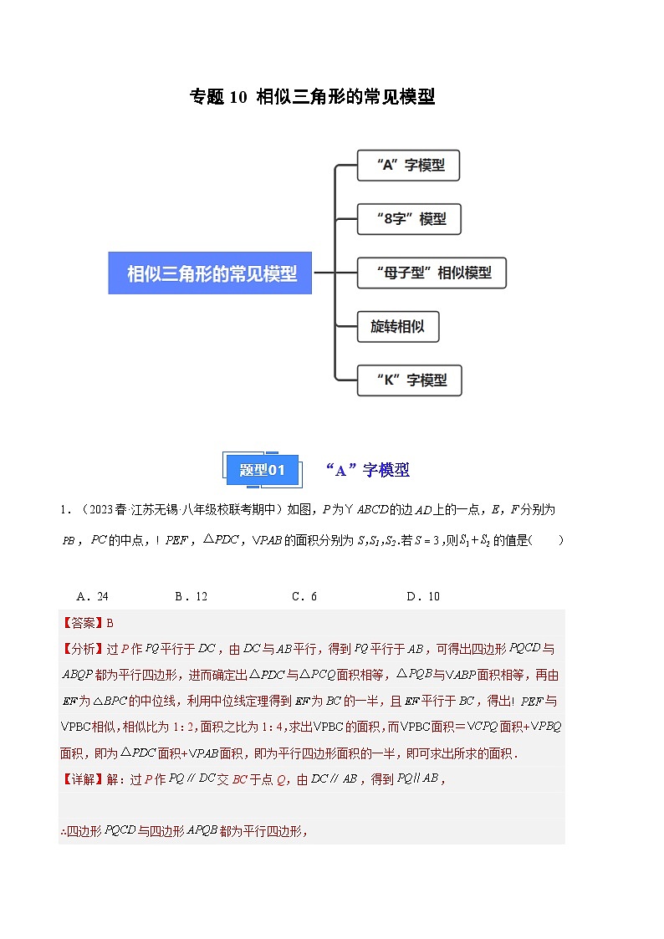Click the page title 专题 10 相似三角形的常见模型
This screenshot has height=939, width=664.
point(313,97)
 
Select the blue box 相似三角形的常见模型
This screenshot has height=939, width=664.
point(210,273)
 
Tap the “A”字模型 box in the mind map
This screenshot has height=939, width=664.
point(408,166)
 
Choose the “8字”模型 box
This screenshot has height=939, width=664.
point(409,219)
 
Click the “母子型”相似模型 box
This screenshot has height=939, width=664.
point(432,273)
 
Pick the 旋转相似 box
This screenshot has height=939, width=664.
point(398,326)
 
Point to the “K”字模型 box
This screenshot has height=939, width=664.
point(409,380)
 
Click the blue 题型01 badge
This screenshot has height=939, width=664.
point(263,470)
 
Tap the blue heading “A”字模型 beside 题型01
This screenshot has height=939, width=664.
point(368,470)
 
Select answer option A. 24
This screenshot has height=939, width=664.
point(92,596)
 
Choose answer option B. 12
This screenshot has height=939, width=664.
point(191,596)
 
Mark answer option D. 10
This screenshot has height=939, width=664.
point(423,596)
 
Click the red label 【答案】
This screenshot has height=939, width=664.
point(80,623)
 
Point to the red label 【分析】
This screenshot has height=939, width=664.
point(80,648)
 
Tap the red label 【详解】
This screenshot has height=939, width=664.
point(80,779)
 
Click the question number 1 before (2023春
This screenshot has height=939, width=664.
point(63,509)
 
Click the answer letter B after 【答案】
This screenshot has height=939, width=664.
point(110,623)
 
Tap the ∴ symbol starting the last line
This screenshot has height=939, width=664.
point(63,831)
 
